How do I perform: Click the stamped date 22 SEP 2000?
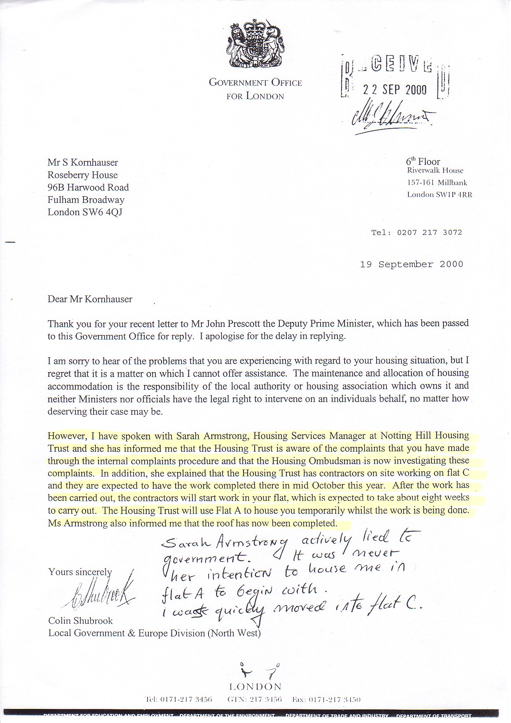tap(394, 90)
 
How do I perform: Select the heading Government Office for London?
tap(255, 89)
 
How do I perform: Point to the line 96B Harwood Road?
tap(88, 188)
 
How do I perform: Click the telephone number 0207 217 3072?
tap(429, 232)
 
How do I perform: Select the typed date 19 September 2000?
tap(411, 264)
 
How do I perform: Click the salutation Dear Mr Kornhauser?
tap(90, 299)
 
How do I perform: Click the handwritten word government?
tap(204, 559)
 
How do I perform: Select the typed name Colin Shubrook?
tap(80, 621)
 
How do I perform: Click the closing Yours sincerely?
tap(80, 572)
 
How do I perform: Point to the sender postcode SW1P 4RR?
tap(454, 195)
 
